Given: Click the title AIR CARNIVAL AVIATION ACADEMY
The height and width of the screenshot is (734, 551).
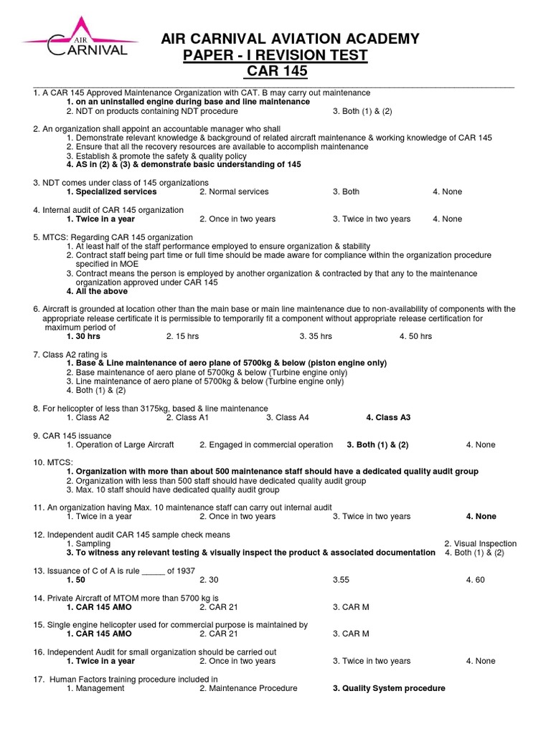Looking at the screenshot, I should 291,39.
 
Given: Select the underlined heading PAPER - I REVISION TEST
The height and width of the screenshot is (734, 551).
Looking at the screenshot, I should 275,55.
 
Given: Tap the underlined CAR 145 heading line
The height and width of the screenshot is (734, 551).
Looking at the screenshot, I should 275,72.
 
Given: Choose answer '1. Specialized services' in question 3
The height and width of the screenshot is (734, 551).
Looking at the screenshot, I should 111,192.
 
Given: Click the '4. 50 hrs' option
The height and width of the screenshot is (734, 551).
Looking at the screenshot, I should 415,335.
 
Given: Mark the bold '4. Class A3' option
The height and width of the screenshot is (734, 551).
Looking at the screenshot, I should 388,417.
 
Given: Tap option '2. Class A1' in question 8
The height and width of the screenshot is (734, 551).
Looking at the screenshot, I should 187,417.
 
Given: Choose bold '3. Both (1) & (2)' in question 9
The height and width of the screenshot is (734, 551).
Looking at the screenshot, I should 377,444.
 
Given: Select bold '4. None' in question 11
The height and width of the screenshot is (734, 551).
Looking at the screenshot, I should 481,516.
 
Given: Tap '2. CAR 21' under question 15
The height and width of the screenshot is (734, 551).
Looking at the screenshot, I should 218,634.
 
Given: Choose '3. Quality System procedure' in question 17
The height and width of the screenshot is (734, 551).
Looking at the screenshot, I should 388,688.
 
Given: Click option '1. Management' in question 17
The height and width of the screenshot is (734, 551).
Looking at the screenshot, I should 95,688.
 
